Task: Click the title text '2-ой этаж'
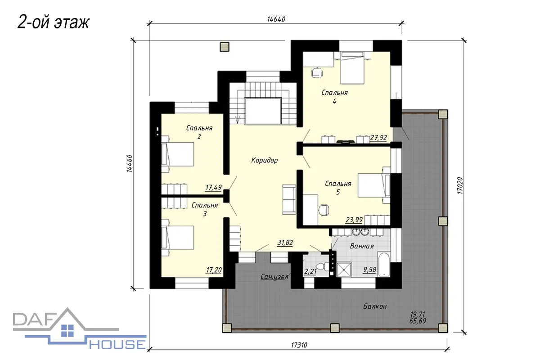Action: [x=53, y=22]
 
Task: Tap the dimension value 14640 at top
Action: [x=276, y=19]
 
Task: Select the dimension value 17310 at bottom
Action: [x=299, y=345]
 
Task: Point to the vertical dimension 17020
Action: [x=460, y=186]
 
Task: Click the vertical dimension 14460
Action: [x=130, y=163]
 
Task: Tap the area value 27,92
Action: [x=378, y=138]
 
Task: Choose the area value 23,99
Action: [x=354, y=220]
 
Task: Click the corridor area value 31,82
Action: [x=285, y=243]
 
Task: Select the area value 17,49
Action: [x=214, y=188]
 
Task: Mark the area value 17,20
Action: [x=214, y=270]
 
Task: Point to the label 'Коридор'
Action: [x=265, y=160]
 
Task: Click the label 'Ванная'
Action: [x=362, y=246]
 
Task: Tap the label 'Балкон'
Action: [x=375, y=306]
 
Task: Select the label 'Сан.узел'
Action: [x=274, y=277]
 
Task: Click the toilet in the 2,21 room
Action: [x=322, y=267]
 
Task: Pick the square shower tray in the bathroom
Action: [x=344, y=270]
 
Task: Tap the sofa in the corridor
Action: [x=289, y=200]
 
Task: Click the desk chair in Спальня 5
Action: [x=324, y=210]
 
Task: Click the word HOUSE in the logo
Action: [x=117, y=345]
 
